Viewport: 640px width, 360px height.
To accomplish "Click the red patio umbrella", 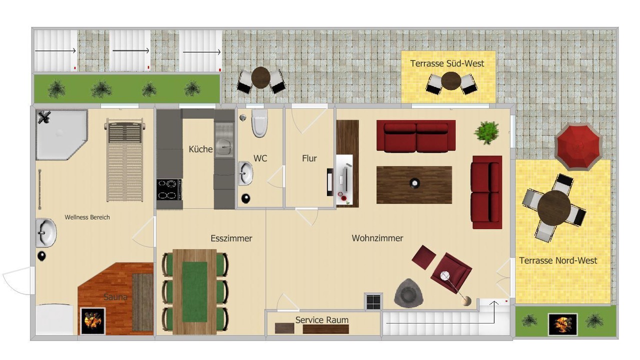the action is coord(578,146).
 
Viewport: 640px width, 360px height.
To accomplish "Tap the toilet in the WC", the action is coord(259,123).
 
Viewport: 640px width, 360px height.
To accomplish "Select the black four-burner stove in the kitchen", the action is coord(169,189).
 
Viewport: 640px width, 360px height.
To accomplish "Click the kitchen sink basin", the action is coord(224,147).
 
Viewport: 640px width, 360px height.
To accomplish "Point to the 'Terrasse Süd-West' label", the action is coord(447,63).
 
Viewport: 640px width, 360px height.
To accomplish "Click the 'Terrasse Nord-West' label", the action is coord(558,260).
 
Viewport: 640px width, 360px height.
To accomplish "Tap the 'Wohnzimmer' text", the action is coord(377,238).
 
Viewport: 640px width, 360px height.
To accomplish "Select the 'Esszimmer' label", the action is coord(231,238).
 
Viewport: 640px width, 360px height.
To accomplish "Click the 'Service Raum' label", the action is coord(322,320).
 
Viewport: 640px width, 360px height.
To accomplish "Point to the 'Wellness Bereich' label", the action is coord(87,217).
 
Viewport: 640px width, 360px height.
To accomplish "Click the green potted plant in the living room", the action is coord(486,133).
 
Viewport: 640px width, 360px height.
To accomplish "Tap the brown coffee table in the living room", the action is coord(414,185).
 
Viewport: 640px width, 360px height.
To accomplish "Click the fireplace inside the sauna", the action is coord(93,321).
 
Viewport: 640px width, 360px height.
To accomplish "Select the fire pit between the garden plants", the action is coord(562,324).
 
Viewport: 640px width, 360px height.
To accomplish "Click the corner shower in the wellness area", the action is coord(61,134).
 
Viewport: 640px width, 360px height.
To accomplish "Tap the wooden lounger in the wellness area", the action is coord(125,160).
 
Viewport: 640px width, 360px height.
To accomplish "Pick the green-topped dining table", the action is coord(194,291).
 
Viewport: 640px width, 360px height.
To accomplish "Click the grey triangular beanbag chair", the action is coord(408,293).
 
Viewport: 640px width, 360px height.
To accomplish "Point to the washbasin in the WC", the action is coord(245,173).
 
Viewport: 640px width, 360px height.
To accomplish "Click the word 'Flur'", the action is coord(309,158).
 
